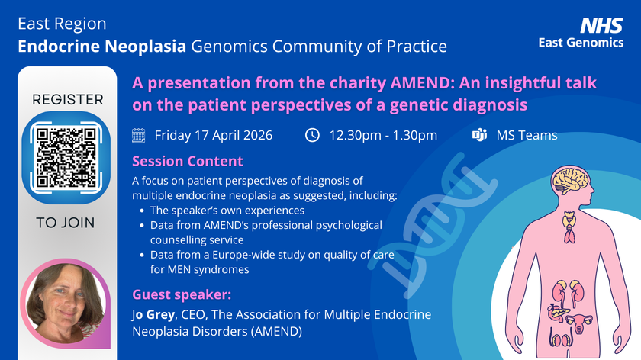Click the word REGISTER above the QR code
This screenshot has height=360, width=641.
pos(67,100)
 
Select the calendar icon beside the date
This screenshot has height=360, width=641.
pos(139,136)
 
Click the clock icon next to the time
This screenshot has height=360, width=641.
pos(312,136)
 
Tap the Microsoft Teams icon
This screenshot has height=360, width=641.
pos(479,136)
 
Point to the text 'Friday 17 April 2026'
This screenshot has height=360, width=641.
pos(213,136)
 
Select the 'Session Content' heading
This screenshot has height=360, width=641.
pos(188,161)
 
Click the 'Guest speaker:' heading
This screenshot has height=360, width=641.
pos(182,294)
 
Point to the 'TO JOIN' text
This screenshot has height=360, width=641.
pos(67,223)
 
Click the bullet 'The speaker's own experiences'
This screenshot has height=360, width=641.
pos(227,210)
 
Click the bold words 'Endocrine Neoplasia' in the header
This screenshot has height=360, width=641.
pos(102,47)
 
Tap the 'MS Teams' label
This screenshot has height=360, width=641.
pos(527,136)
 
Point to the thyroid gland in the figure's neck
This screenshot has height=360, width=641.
pos(569,220)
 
